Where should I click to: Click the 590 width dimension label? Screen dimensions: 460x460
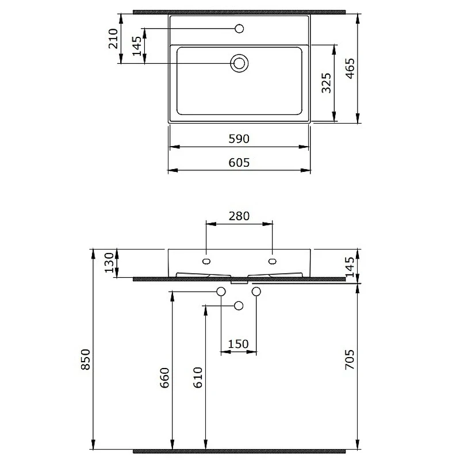[x=239, y=139]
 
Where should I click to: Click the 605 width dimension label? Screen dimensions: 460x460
[x=239, y=163]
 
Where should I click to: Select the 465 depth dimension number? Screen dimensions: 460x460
[x=350, y=68]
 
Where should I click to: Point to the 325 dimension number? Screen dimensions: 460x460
[x=326, y=83]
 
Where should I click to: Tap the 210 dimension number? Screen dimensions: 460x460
[x=113, y=39]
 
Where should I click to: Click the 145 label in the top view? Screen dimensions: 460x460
[x=137, y=46]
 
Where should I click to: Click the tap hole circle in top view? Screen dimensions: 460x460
[x=239, y=29]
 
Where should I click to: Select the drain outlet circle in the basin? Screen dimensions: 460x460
[x=239, y=63]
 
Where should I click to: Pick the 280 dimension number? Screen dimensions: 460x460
[x=239, y=216]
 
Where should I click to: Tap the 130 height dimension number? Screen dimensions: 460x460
[x=109, y=263]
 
